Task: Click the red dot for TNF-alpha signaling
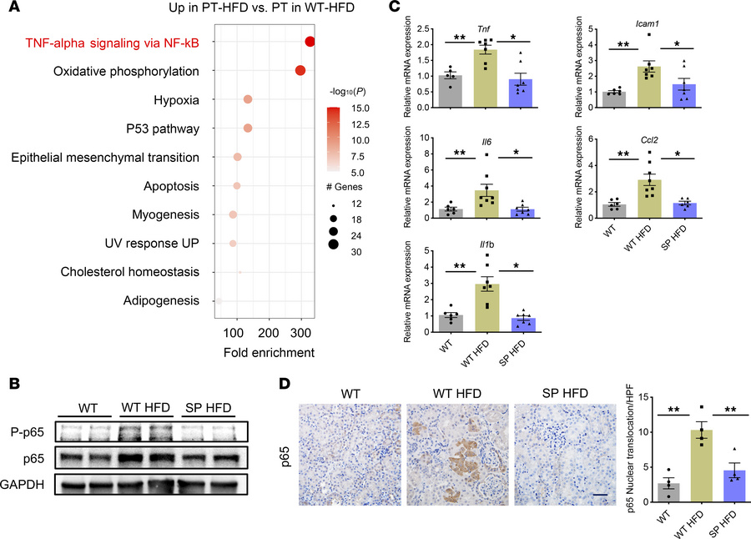(310, 43)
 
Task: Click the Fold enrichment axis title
(263, 352)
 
